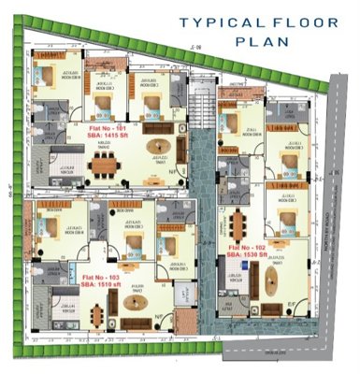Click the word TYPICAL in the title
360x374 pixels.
(210, 22)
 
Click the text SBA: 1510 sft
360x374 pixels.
(102, 288)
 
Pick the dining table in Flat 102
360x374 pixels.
(238, 224)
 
